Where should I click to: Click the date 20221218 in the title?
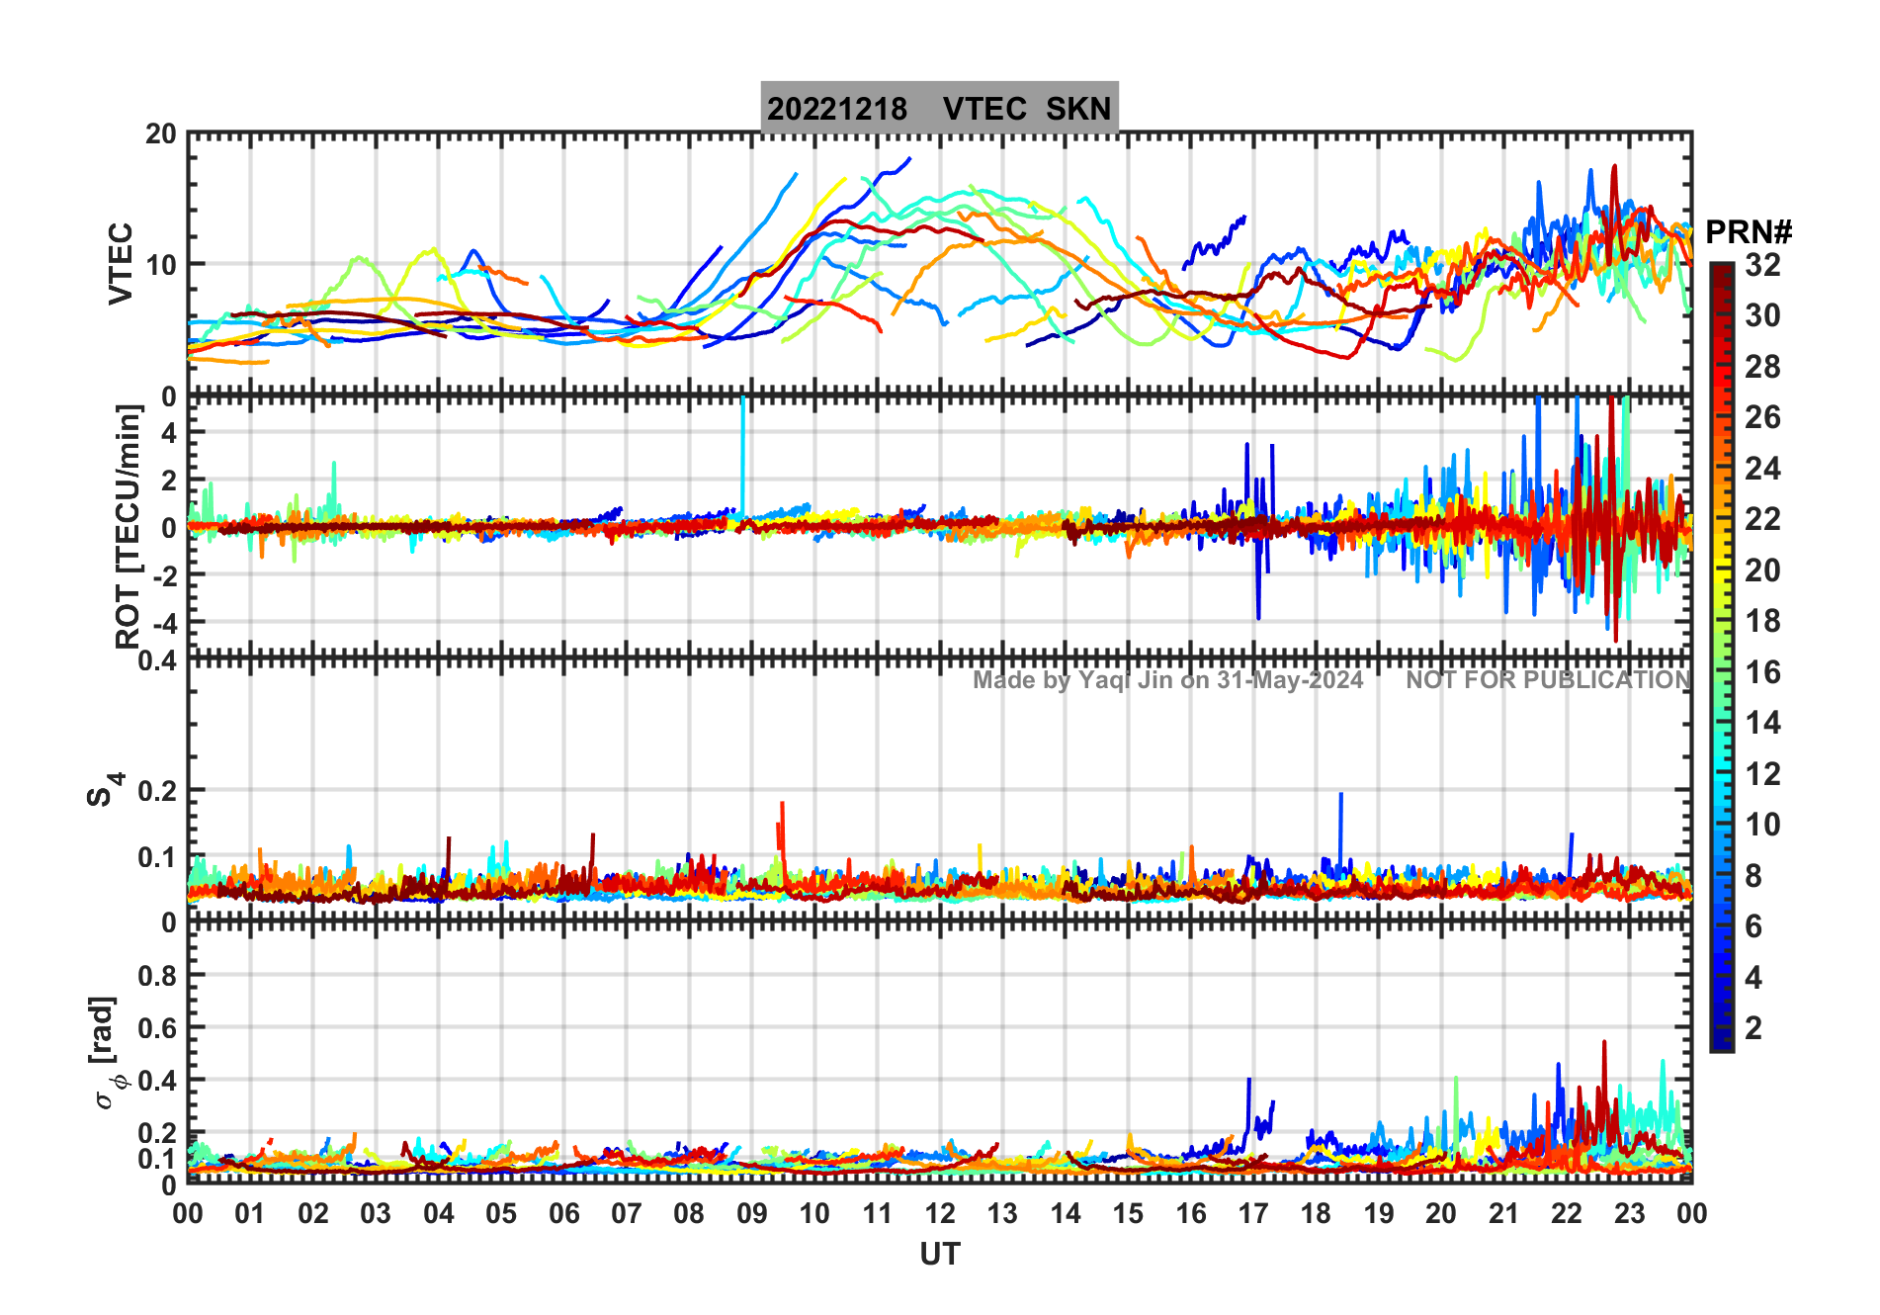click(837, 109)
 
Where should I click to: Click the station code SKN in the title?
click(1078, 109)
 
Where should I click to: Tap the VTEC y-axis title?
click(121, 263)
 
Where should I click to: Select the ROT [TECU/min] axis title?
click(128, 526)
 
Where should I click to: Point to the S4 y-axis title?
click(103, 790)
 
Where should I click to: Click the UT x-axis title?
click(939, 1254)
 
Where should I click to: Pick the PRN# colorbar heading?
click(1749, 232)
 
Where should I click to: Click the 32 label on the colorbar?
click(1762, 265)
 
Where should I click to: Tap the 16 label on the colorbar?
click(1762, 672)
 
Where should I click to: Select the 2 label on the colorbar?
click(1753, 1028)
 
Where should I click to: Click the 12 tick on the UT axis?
click(940, 1213)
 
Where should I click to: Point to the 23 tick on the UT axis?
click(1629, 1213)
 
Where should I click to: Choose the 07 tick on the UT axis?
click(627, 1213)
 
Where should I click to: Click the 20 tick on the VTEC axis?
click(161, 133)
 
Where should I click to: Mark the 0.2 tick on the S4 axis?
click(158, 791)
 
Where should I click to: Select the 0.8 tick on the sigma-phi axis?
click(158, 976)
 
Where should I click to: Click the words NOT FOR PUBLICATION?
click(1548, 680)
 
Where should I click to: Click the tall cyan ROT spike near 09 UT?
click(742, 445)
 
